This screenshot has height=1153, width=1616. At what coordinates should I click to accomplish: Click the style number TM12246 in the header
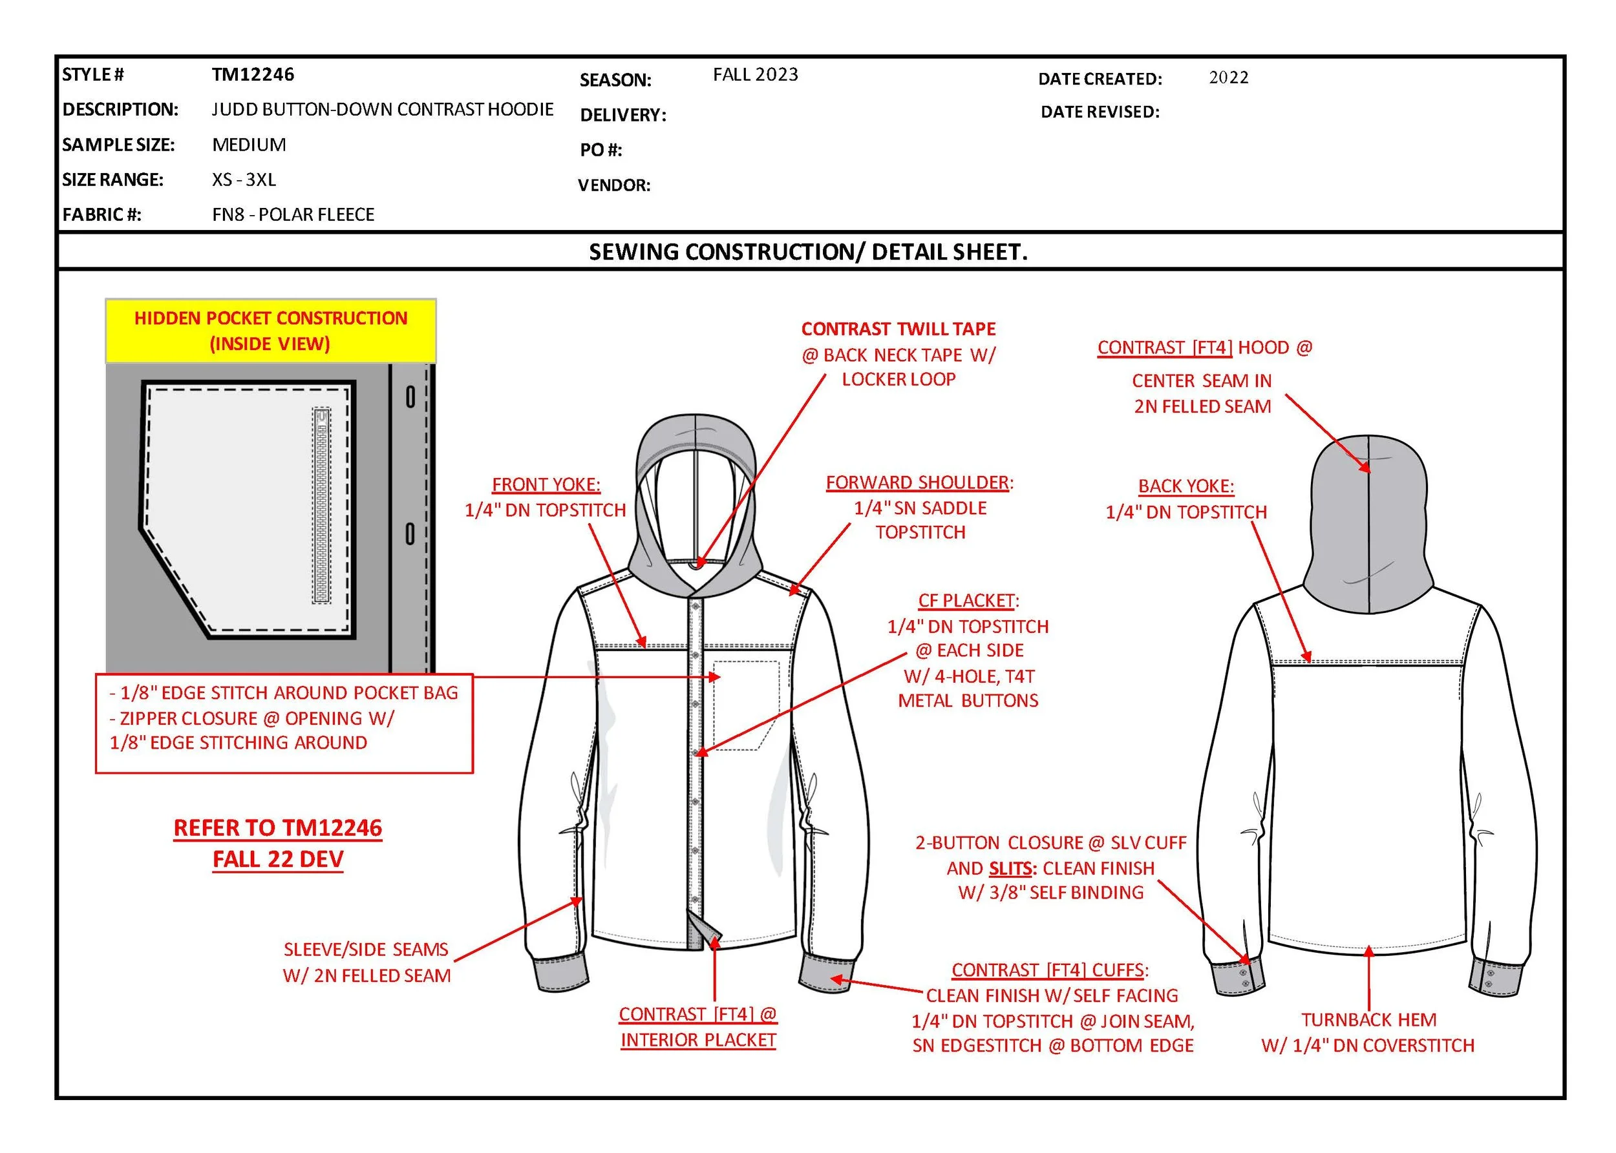[x=253, y=74]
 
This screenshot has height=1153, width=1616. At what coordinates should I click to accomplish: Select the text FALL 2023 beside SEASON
[x=755, y=74]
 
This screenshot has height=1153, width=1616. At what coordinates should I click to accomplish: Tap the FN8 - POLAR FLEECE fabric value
[x=293, y=214]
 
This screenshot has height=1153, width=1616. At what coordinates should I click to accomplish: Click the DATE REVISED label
[x=1100, y=112]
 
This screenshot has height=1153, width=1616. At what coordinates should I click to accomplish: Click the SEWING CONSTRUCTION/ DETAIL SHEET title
[x=807, y=252]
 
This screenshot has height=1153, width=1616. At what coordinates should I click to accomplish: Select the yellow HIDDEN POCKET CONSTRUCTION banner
[x=271, y=331]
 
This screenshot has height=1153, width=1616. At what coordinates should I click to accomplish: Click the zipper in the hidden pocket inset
[x=322, y=506]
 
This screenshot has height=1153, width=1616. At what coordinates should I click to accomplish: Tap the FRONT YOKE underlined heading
[x=546, y=485]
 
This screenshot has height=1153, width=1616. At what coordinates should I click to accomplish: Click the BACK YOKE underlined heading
[x=1185, y=486]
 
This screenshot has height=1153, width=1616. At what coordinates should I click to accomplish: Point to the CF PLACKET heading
[x=967, y=601]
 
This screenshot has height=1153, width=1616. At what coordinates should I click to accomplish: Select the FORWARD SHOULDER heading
[x=918, y=483]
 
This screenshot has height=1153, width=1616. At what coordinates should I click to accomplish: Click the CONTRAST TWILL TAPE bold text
[x=898, y=329]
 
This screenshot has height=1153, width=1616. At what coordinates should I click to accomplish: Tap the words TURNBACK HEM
[x=1368, y=1019]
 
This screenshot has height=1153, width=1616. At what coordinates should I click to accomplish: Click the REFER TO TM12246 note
[x=278, y=828]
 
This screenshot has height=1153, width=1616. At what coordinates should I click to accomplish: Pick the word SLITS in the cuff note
[x=1010, y=868]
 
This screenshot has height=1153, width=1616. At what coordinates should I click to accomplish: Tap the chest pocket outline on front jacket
[x=746, y=703]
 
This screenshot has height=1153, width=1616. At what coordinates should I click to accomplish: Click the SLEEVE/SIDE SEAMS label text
[x=366, y=950]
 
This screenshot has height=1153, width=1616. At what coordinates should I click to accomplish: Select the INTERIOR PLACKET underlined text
[x=697, y=1040]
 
